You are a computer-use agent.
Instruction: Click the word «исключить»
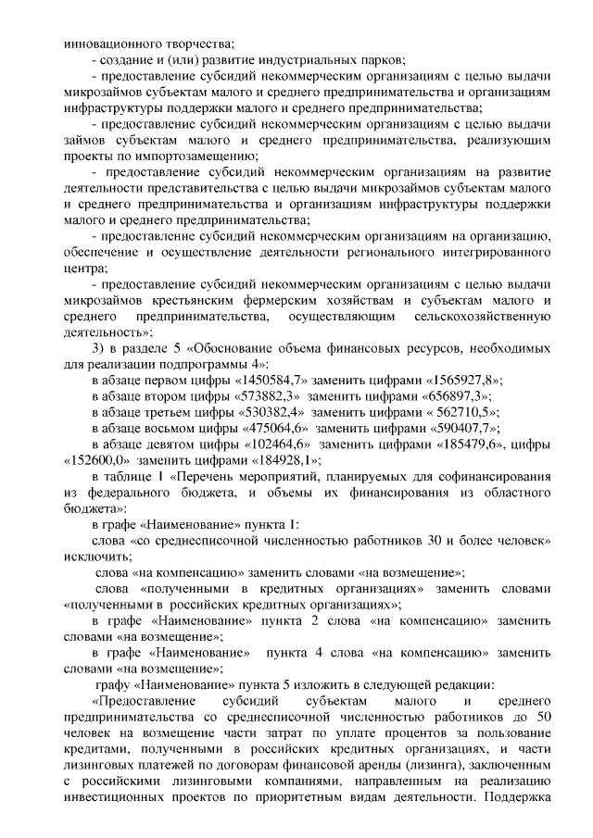pos(94,556)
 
